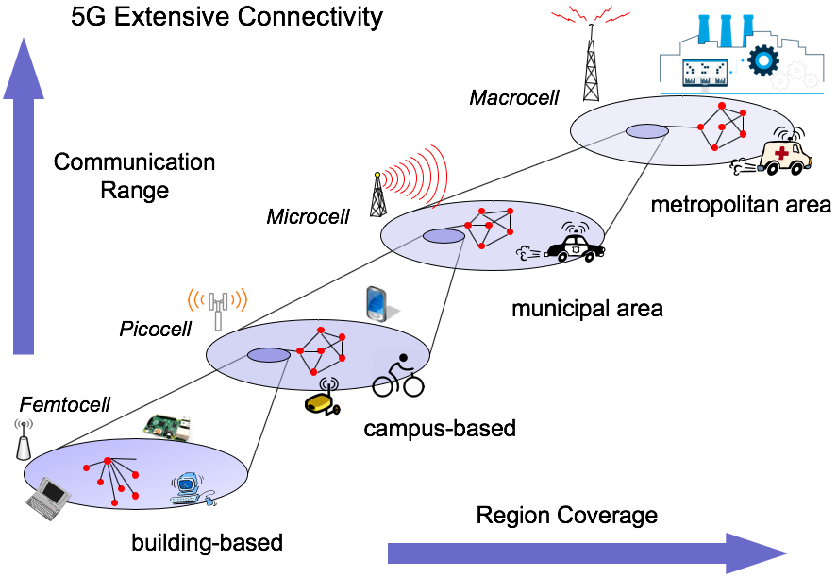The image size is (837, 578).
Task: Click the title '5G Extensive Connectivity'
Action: pos(227,16)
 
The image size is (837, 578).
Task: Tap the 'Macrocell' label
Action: pos(514,97)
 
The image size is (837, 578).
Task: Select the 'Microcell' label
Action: pos(308,217)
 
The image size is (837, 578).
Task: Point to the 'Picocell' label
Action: pos(156,329)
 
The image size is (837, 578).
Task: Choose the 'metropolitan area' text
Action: pos(741,204)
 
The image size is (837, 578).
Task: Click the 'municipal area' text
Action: pos(587,308)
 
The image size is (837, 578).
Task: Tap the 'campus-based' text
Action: pos(440,428)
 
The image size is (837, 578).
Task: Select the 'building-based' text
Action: pos(208,542)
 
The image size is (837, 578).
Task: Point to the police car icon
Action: pos(566,244)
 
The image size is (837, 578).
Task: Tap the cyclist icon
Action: pos(399,375)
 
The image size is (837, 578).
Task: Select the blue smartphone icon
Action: pos(378,303)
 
